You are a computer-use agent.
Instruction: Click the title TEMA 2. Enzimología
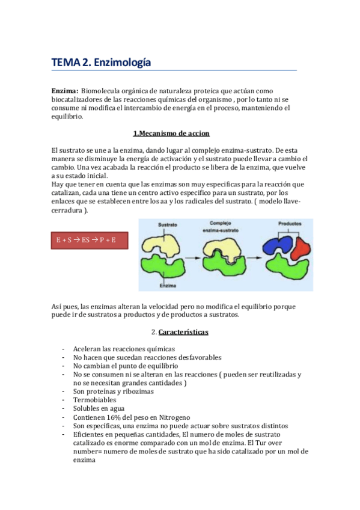pyautogui.click(x=100, y=62)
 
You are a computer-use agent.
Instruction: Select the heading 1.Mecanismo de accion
pyautogui.click(x=171, y=133)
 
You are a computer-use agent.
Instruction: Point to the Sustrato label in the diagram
pyautogui.click(x=168, y=224)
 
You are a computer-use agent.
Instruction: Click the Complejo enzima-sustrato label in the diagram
pyautogui.click(x=225, y=226)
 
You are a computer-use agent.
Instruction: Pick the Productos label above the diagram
pyautogui.click(x=290, y=224)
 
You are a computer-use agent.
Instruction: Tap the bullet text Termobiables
pyautogui.click(x=95, y=399)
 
